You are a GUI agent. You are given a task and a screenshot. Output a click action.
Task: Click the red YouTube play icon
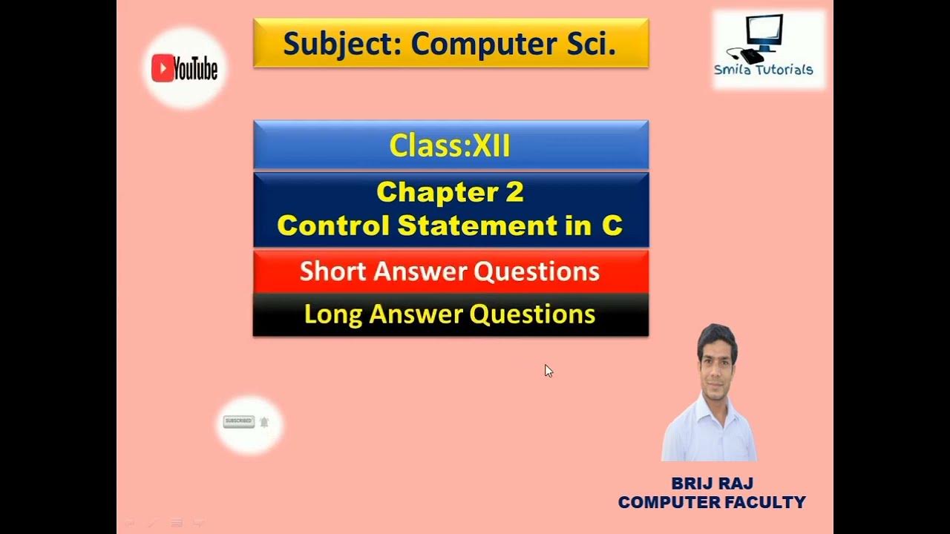coord(162,68)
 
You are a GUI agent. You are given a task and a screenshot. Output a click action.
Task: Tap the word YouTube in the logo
coord(195,69)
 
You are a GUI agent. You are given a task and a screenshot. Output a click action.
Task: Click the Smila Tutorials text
coord(763,70)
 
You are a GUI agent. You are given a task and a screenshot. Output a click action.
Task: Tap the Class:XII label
coord(450,145)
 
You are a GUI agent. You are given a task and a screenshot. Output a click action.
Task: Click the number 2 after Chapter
coord(514,192)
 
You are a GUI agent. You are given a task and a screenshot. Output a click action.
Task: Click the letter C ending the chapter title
coord(612,225)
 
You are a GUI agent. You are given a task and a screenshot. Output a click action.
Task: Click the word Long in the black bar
coord(333,314)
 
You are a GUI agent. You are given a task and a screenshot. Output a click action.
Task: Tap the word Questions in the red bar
coord(537,271)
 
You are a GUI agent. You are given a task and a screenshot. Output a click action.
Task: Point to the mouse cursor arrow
coord(548,370)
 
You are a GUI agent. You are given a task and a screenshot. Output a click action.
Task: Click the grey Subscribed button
coord(238,421)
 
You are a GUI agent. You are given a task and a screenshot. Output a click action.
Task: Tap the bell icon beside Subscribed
coord(264,422)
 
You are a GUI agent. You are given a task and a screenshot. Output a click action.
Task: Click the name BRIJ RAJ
coord(712,484)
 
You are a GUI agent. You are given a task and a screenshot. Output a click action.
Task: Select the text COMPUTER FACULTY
coord(712,503)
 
